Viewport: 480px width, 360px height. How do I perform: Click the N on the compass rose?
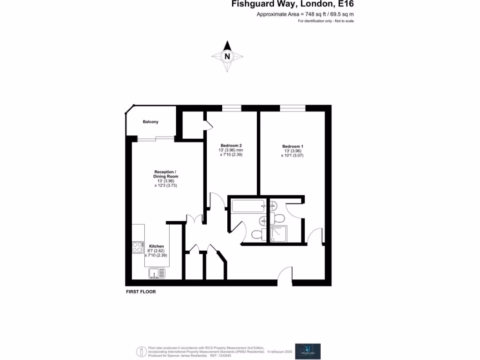(227, 56)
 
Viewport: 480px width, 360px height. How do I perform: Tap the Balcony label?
(150, 122)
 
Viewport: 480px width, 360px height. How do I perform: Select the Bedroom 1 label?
(292, 146)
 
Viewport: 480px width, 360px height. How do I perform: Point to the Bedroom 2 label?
(232, 145)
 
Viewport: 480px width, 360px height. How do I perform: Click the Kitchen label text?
(156, 246)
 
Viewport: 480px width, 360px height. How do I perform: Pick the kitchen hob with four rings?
(137, 247)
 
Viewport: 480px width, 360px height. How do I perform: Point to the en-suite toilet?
(279, 218)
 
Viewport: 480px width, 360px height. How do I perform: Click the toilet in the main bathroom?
(257, 234)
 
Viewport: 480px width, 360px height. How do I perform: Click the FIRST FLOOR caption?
(141, 292)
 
